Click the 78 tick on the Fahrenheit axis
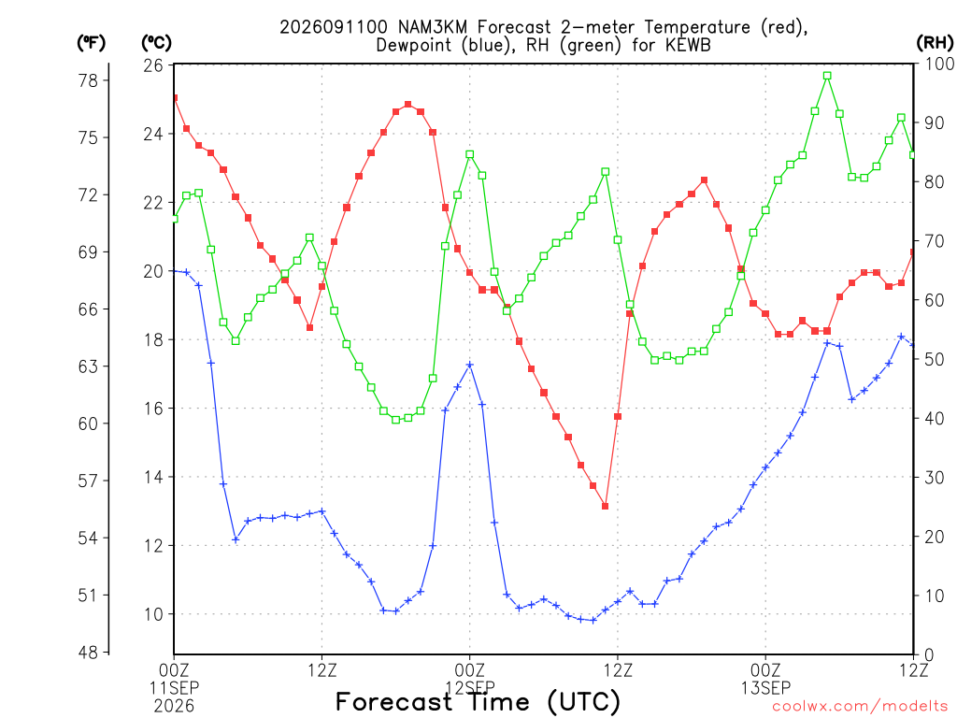point(88,80)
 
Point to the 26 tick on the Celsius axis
point(153,65)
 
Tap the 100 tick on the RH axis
point(939,64)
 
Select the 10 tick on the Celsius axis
point(153,614)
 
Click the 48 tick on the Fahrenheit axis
point(88,653)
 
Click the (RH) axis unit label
point(935,42)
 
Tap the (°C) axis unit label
point(157,42)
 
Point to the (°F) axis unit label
point(91,42)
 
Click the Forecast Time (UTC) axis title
point(478,701)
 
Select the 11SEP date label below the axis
point(175,688)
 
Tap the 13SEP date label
point(766,688)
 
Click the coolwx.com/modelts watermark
point(860,707)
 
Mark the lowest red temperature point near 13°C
point(606,506)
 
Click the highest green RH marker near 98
point(828,76)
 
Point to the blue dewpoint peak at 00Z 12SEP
point(470,366)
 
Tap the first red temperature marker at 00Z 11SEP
point(175,97)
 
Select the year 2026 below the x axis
point(175,707)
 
